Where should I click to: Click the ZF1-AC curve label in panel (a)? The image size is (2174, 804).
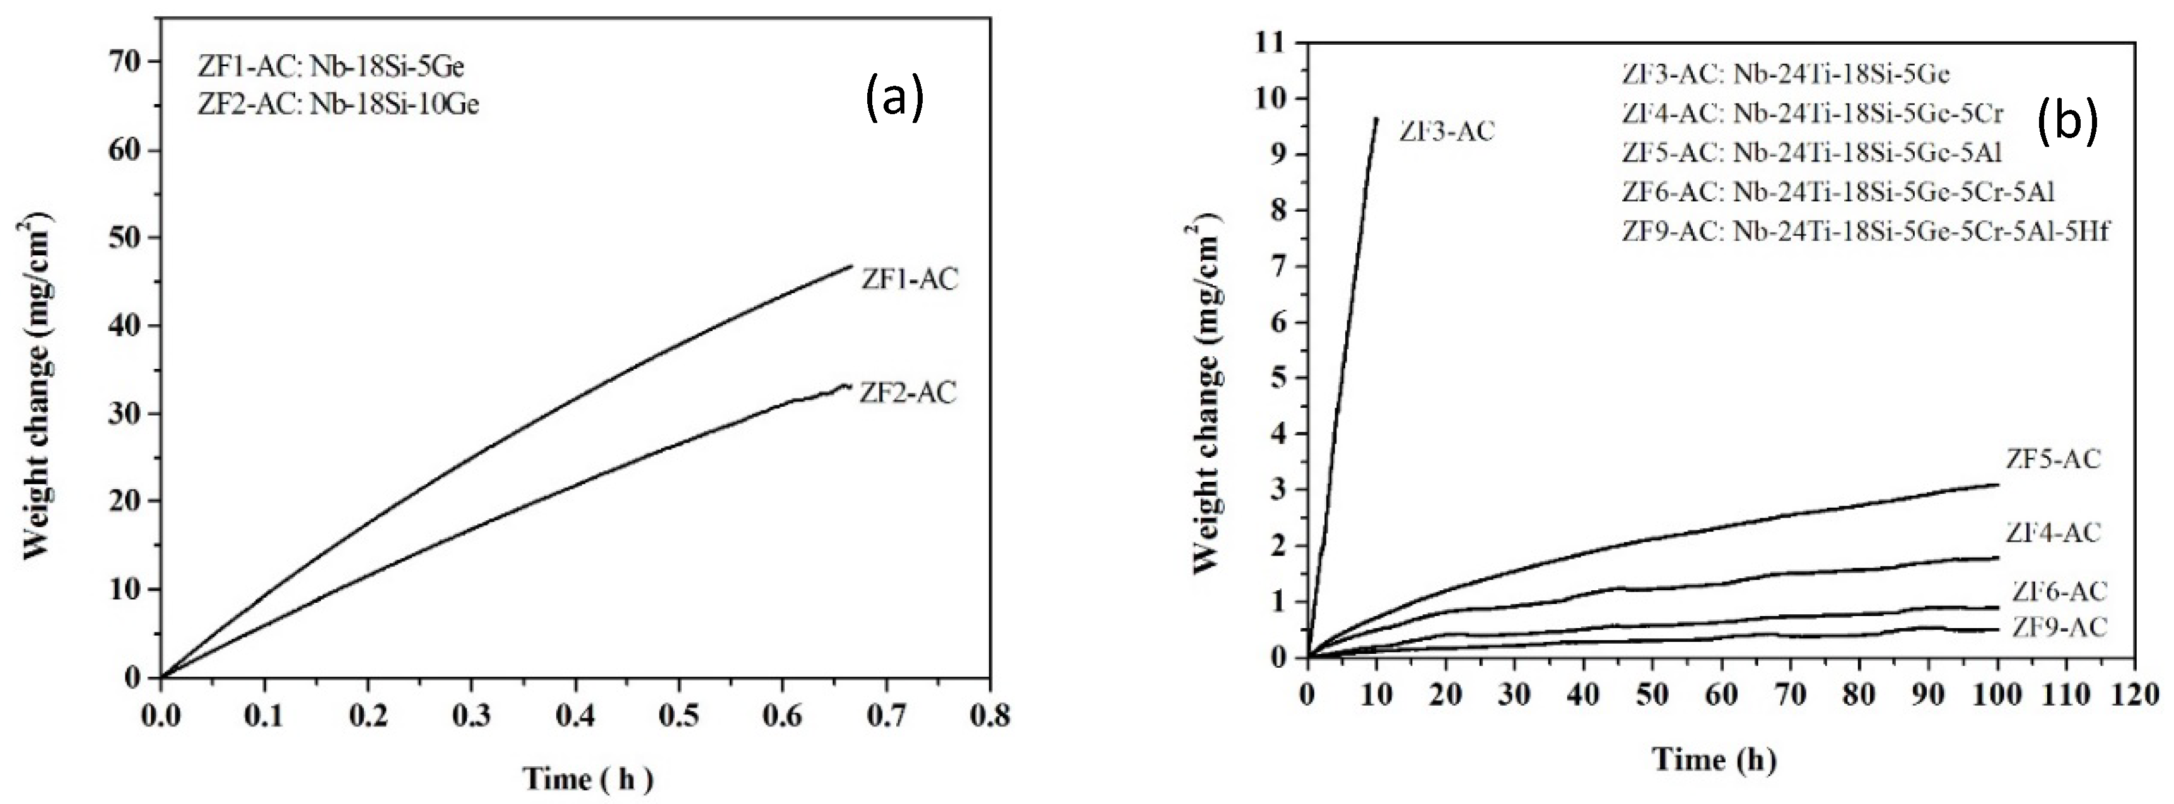click(909, 279)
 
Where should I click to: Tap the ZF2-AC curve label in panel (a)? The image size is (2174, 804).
click(908, 393)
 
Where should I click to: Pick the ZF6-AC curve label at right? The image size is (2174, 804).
click(2059, 591)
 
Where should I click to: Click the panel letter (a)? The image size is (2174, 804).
click(894, 100)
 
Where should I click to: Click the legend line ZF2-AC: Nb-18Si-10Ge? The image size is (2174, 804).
click(339, 104)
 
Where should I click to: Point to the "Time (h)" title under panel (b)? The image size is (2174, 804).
click(1714, 759)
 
